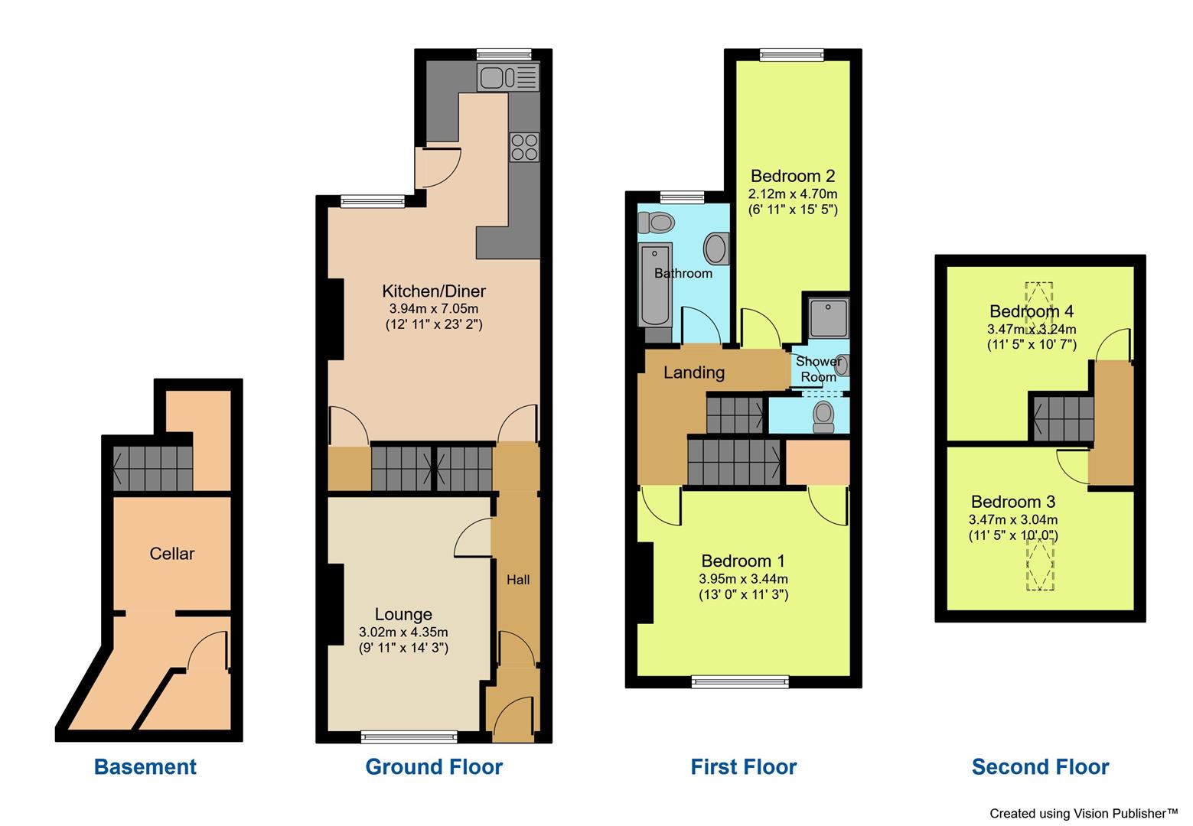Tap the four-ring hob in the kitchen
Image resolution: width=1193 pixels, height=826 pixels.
click(524, 147)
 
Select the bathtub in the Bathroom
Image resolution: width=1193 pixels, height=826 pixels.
click(655, 285)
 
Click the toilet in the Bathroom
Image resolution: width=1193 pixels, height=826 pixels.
click(656, 222)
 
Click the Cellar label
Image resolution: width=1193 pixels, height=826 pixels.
click(172, 553)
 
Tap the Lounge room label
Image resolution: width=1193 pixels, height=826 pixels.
click(403, 614)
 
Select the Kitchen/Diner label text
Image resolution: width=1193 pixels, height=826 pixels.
click(434, 291)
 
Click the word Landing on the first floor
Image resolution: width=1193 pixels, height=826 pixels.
click(693, 372)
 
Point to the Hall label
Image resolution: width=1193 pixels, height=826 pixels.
click(518, 580)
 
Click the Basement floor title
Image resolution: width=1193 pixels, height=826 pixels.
click(145, 766)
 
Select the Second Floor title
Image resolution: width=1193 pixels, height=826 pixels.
click(1040, 766)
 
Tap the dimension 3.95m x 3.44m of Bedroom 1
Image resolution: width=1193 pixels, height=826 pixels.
click(743, 579)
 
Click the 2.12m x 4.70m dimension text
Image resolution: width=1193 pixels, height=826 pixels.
click(794, 193)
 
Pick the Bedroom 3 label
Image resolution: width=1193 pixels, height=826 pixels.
click(1012, 502)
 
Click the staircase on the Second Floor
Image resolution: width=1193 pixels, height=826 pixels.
click(1063, 418)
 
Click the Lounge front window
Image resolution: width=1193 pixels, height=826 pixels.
click(409, 737)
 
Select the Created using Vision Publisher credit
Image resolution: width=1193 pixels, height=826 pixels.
click(1084, 812)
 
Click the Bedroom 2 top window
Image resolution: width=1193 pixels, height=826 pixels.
click(792, 54)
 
